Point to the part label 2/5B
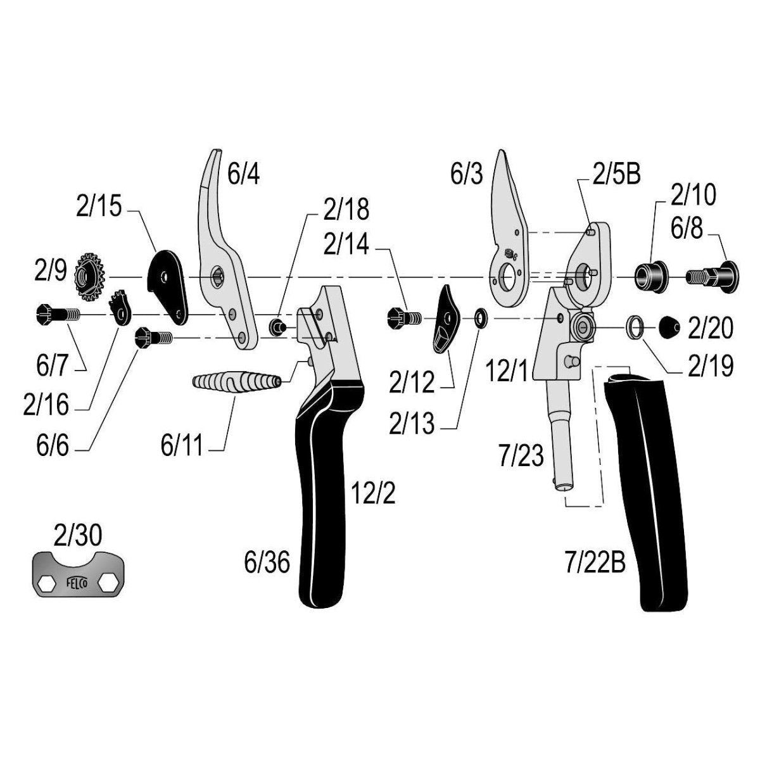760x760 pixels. [x=616, y=174]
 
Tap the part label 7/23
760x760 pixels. [x=521, y=455]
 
